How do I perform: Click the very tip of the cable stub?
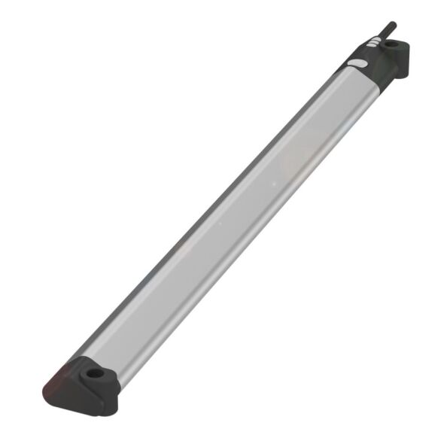392,23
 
